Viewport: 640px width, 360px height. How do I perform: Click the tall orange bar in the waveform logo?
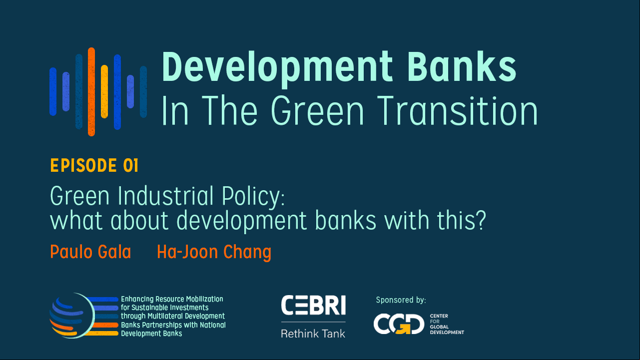click(91, 92)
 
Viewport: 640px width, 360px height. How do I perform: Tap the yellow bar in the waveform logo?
click(104, 92)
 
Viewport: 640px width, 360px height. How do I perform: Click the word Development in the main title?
click(277, 68)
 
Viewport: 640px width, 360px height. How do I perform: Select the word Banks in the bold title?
click(462, 67)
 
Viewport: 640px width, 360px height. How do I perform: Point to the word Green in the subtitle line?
click(317, 111)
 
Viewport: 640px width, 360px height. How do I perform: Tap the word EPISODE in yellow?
click(83, 165)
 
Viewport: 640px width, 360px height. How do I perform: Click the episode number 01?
click(131, 165)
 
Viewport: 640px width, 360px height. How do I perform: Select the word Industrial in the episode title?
click(165, 196)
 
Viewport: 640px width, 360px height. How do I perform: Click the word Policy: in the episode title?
click(253, 198)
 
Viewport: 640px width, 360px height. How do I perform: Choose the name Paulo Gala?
click(90, 252)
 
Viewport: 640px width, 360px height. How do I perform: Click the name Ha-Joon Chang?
click(214, 252)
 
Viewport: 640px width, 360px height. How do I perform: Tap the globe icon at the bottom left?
click(72, 316)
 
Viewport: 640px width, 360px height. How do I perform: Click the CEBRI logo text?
click(313, 305)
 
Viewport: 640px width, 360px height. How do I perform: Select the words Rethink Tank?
click(313, 334)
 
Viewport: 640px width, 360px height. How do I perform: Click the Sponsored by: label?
click(401, 300)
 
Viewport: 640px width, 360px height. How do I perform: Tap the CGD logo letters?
click(399, 324)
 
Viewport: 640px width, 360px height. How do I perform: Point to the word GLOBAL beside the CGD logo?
click(439, 327)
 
